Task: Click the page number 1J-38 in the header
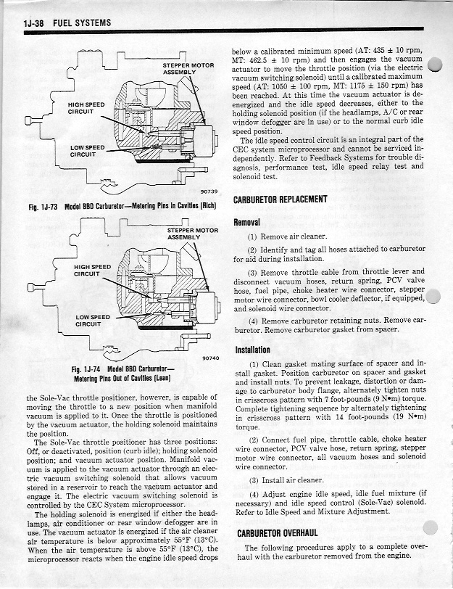point(32,24)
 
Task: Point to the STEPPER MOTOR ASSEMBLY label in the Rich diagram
point(187,69)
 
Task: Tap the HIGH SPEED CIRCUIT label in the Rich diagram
point(86,109)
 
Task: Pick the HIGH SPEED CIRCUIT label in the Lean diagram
point(93,270)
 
